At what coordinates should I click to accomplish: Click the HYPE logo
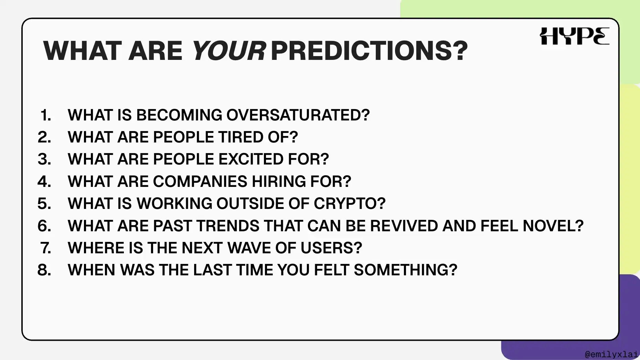click(575, 36)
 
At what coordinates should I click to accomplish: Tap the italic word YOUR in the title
click(228, 51)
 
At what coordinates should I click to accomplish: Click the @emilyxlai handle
click(611, 354)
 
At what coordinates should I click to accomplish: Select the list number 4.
click(44, 181)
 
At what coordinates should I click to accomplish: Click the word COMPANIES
click(200, 181)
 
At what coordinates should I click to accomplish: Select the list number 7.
click(46, 248)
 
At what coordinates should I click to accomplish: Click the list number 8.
click(44, 270)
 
